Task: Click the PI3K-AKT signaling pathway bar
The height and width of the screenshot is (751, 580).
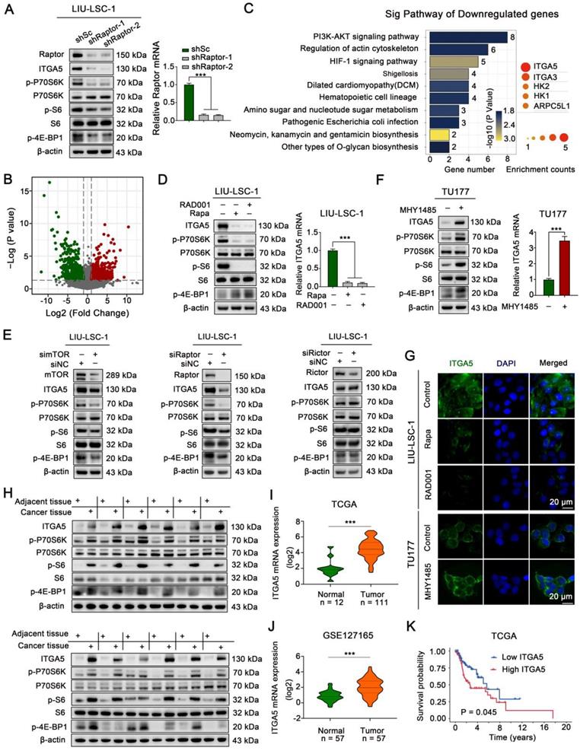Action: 467,37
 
